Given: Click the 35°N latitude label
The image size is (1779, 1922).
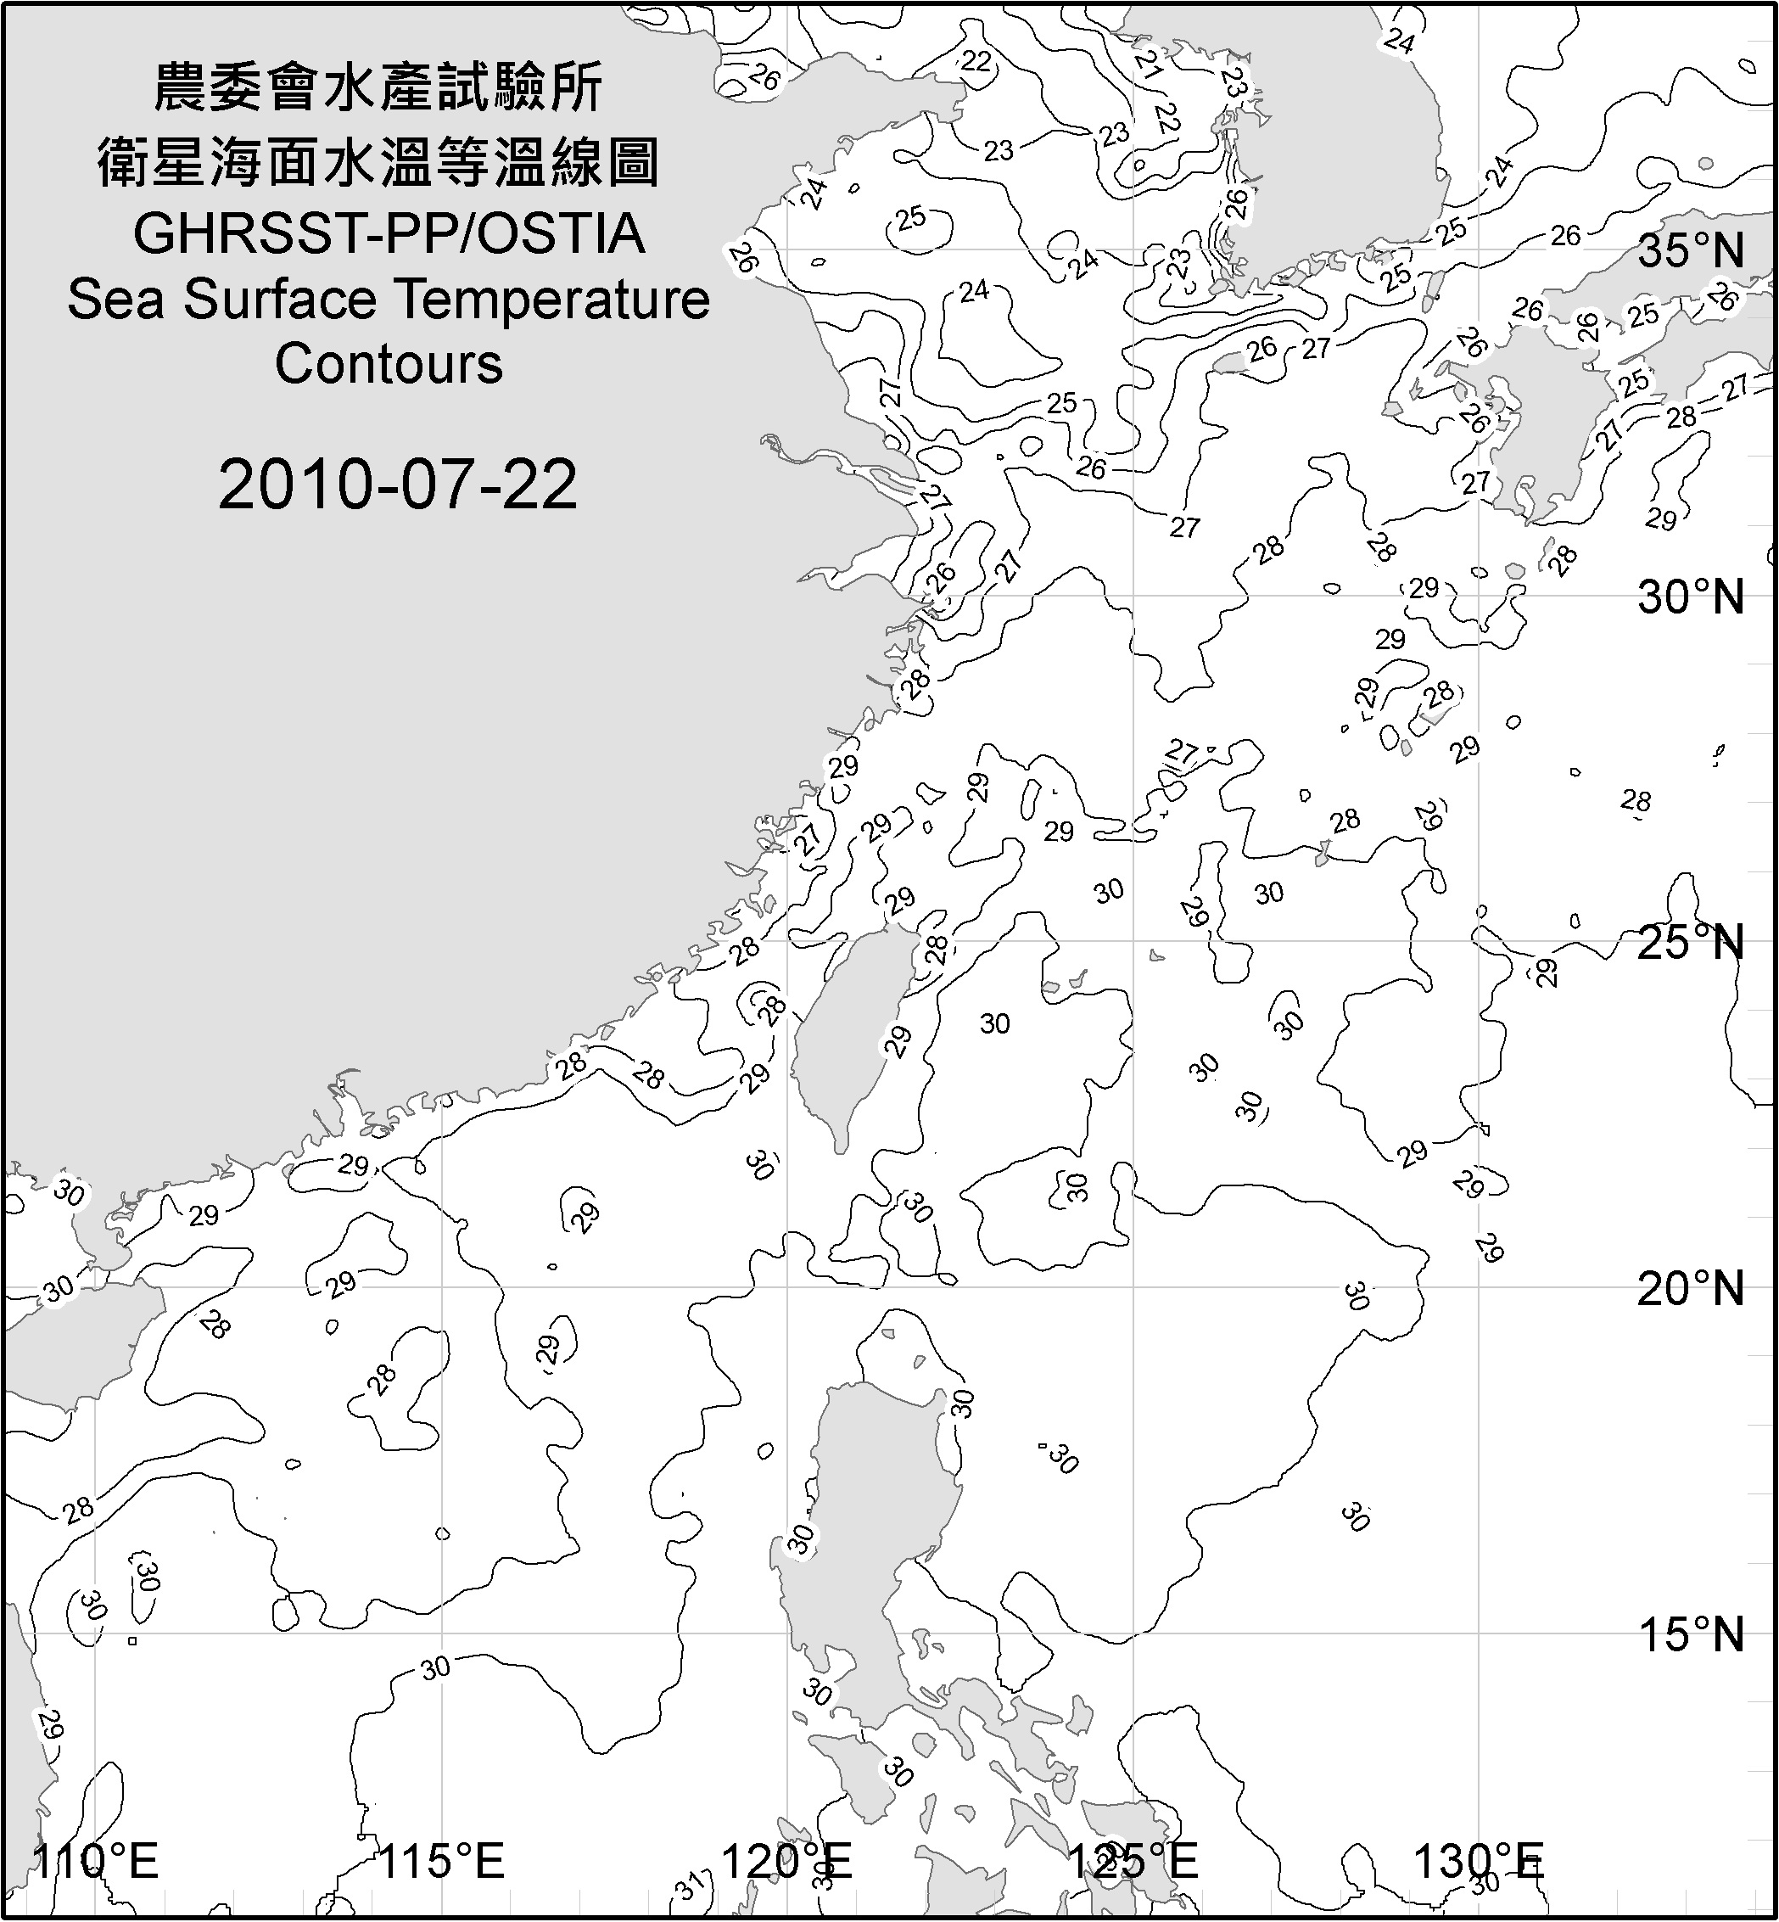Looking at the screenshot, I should coord(1691,251).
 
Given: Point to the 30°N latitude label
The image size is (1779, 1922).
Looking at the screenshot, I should coord(1691,598).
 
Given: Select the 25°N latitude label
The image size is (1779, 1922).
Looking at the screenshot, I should coord(1691,943).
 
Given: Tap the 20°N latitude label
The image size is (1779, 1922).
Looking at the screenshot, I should coord(1691,1288).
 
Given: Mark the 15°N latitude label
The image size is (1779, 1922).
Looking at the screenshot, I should coord(1691,1634).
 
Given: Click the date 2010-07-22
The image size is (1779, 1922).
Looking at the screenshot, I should coord(398,485).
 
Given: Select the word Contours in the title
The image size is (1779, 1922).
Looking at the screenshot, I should coord(389,364).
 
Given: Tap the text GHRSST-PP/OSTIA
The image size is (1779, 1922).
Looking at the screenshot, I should coord(389,234).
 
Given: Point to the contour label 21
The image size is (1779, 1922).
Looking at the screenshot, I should coord(1149,64).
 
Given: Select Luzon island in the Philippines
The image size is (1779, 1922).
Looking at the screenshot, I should coord(876,1502).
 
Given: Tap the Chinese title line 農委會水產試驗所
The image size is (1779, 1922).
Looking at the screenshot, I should coord(378,88).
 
